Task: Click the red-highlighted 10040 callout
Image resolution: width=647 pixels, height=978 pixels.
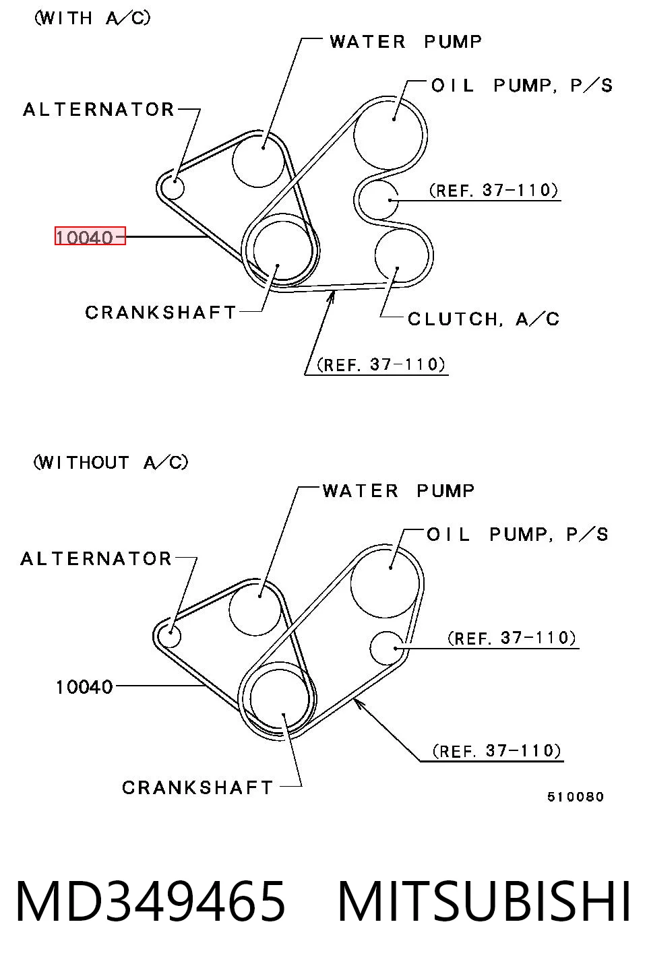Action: pyautogui.click(x=90, y=236)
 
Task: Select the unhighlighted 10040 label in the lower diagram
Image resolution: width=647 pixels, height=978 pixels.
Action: pyautogui.click(x=84, y=687)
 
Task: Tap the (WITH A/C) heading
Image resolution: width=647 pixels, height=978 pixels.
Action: pyautogui.click(x=92, y=18)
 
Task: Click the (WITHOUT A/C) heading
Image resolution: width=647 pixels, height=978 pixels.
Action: pyautogui.click(x=111, y=462)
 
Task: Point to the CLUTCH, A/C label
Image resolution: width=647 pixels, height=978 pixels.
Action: pyautogui.click(x=483, y=319)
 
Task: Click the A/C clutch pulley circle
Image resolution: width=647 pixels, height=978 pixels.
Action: pyautogui.click(x=402, y=256)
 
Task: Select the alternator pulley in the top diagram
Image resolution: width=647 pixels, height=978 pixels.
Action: pyautogui.click(x=173, y=188)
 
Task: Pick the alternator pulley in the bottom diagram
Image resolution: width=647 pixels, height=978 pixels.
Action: pyautogui.click(x=169, y=637)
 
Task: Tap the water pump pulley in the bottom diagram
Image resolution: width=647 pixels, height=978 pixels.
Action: pyautogui.click(x=255, y=610)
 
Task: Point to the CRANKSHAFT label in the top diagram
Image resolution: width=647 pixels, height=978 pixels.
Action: pyautogui.click(x=161, y=313)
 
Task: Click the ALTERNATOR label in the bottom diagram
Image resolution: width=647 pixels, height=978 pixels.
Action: pyautogui.click(x=96, y=559)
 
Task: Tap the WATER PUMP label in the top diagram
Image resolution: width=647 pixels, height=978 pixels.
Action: pyautogui.click(x=406, y=42)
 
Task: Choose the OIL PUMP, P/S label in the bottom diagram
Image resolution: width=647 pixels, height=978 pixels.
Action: pyautogui.click(x=517, y=534)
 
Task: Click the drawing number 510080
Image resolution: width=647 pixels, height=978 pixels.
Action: pyautogui.click(x=576, y=797)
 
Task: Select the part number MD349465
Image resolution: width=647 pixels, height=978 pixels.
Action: pyautogui.click(x=151, y=901)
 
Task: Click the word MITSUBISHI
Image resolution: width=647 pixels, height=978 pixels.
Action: pyautogui.click(x=484, y=901)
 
